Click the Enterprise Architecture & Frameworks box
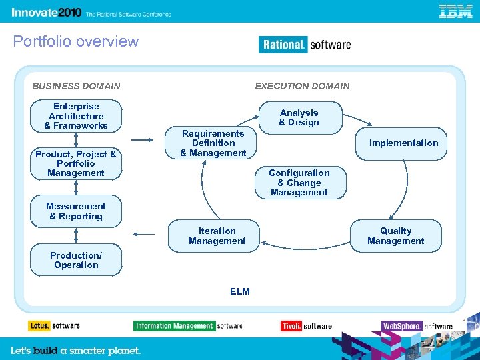click(x=76, y=116)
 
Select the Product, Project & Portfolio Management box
click(x=76, y=163)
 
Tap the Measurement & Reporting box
click(x=76, y=211)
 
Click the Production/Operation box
click(x=76, y=260)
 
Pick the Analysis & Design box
click(x=299, y=118)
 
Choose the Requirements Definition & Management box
click(x=213, y=143)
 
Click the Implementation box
click(x=403, y=143)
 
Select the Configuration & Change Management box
click(x=299, y=183)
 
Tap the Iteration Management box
click(x=217, y=236)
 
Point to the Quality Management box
click(x=396, y=236)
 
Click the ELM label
click(x=239, y=291)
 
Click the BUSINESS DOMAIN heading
click(x=77, y=86)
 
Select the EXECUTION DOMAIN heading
click(x=302, y=86)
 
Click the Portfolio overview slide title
click(x=76, y=41)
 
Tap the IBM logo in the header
click(x=456, y=11)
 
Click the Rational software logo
click(x=305, y=45)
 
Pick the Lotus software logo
click(x=54, y=326)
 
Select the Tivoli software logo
click(x=306, y=326)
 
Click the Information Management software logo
click(x=188, y=326)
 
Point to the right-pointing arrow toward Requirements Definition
click(x=142, y=140)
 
